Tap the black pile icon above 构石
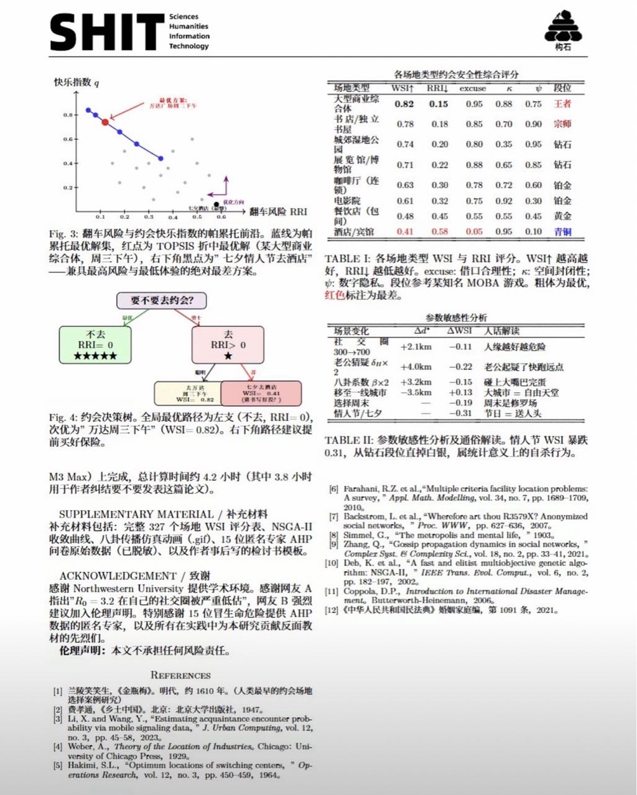562,27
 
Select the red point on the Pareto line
105,122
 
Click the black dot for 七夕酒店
216,204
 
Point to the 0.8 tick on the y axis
68,115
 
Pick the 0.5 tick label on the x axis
197,217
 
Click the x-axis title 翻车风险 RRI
278,212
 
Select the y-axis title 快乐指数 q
76,82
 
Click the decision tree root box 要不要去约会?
162,300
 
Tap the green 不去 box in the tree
96,345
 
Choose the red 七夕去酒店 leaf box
262,393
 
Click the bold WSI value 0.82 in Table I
404,104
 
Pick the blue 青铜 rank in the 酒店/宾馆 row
562,231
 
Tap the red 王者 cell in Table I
562,104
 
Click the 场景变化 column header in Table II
351,331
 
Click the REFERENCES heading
180,675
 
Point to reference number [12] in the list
332,610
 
